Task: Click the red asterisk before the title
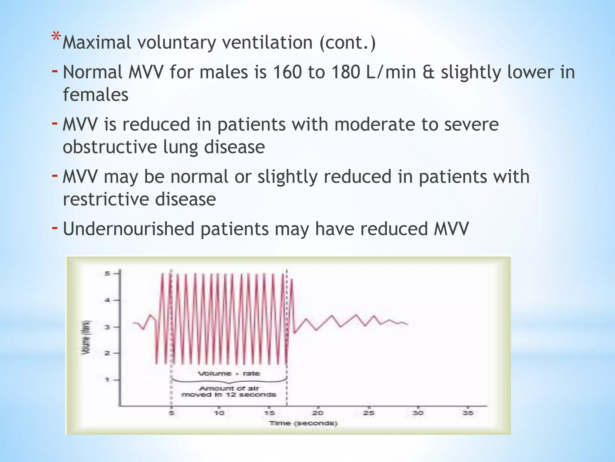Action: click(56, 37)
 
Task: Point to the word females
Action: click(95, 95)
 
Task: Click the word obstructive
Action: click(110, 147)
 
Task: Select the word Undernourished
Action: click(129, 229)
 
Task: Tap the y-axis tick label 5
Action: click(107, 273)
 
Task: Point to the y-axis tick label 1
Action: click(107, 380)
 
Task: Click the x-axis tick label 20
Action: click(318, 413)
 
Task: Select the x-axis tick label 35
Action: click(468, 413)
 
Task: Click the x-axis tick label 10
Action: click(219, 413)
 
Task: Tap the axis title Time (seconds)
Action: click(303, 423)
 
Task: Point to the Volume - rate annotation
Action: click(229, 374)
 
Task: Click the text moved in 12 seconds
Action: click(229, 395)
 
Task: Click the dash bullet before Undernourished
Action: click(55, 228)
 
